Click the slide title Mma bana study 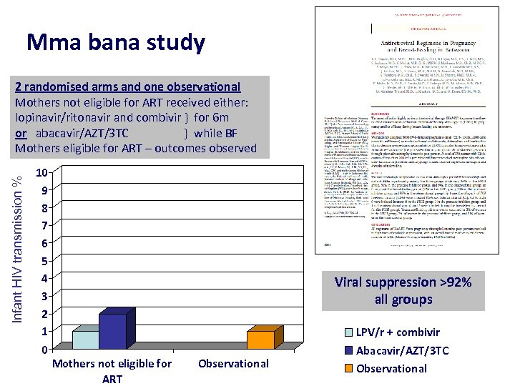click(115, 43)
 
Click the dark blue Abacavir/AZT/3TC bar click(112, 332)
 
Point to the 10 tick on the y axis click(43, 173)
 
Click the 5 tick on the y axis click(44, 261)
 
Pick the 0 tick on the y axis click(44, 350)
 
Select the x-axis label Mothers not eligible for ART click(112, 371)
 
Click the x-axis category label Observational click(233, 363)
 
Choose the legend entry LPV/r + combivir click(408, 332)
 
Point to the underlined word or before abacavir click(21, 133)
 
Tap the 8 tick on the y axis click(44, 208)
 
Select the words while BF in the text click(215, 133)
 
